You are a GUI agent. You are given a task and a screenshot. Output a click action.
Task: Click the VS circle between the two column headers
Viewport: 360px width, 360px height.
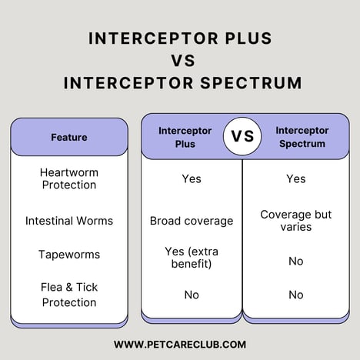242,137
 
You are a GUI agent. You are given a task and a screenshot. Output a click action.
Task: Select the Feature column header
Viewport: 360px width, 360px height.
69,137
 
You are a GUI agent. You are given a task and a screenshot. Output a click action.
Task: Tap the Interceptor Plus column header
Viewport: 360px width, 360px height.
185,137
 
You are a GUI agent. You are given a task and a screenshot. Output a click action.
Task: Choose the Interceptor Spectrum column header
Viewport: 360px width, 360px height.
302,137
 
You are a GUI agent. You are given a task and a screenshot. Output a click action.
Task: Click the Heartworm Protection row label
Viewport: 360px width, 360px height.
69,178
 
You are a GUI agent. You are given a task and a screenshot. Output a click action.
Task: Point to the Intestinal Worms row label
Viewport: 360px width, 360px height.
69,221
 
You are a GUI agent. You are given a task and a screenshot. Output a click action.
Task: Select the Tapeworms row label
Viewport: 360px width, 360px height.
69,255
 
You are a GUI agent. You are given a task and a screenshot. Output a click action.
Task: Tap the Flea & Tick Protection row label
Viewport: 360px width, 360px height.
69,295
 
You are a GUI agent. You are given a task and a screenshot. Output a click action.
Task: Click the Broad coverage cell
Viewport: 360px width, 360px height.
192,221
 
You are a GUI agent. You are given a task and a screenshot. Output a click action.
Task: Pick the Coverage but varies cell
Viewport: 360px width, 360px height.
296,221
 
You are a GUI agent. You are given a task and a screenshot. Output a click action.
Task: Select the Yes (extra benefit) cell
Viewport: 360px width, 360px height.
192,258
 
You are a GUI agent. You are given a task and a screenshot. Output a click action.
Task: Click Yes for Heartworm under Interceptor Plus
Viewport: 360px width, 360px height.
192,178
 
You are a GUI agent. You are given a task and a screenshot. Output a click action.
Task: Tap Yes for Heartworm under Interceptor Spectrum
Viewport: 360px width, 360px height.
296,178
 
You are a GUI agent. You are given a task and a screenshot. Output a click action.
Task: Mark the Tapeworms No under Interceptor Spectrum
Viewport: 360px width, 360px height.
296,261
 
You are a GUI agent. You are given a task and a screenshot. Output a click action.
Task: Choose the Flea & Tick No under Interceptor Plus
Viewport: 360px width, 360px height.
192,295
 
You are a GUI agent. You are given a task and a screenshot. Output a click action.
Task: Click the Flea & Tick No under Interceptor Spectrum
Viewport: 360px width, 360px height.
296,295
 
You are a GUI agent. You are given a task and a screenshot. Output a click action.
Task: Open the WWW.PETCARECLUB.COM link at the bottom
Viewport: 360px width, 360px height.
180,345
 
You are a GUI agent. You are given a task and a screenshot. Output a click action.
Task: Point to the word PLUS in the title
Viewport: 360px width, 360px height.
243,38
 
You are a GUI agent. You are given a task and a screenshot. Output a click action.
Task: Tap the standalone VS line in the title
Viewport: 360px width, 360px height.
180,60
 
